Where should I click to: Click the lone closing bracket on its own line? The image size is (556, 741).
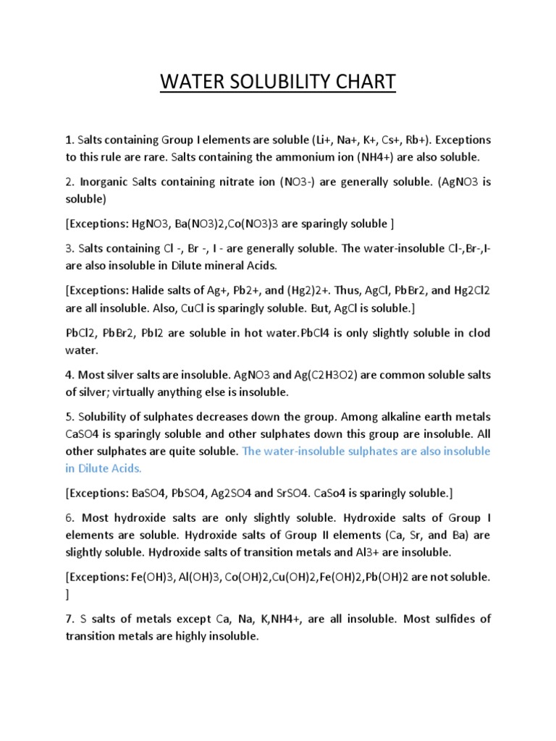[x=67, y=594]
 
